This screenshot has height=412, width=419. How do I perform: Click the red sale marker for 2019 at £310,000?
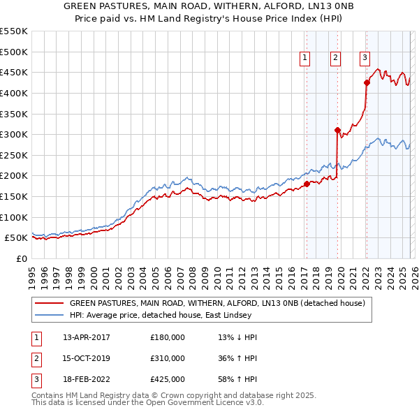[337, 130]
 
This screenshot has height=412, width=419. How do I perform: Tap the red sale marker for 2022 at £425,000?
[367, 82]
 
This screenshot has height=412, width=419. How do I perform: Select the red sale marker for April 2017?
[306, 184]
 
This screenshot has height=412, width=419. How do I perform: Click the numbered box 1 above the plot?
[306, 58]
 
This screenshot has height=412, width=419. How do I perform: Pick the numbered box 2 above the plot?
[336, 58]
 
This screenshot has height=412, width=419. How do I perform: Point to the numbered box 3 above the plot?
[365, 58]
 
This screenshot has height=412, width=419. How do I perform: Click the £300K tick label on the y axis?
[14, 134]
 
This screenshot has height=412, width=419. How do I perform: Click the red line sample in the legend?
[49, 304]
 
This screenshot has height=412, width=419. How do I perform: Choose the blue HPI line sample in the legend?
[49, 316]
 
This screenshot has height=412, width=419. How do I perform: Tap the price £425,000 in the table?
[168, 380]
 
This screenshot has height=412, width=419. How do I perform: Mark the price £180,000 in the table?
[168, 337]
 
